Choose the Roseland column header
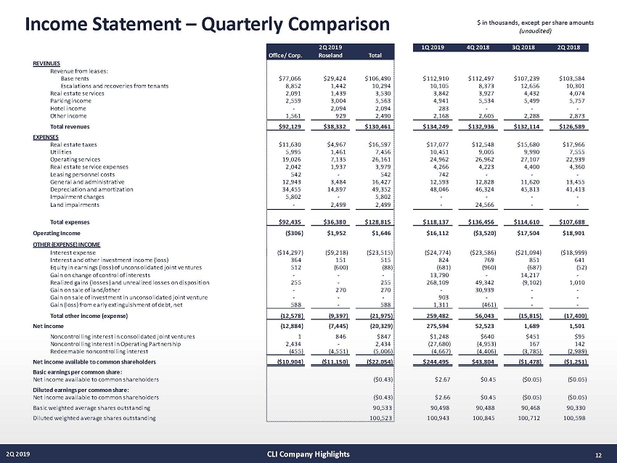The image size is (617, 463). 330,54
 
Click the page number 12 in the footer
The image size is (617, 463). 598,454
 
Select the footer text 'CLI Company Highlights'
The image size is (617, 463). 308,454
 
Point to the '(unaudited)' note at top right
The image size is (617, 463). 536,31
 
